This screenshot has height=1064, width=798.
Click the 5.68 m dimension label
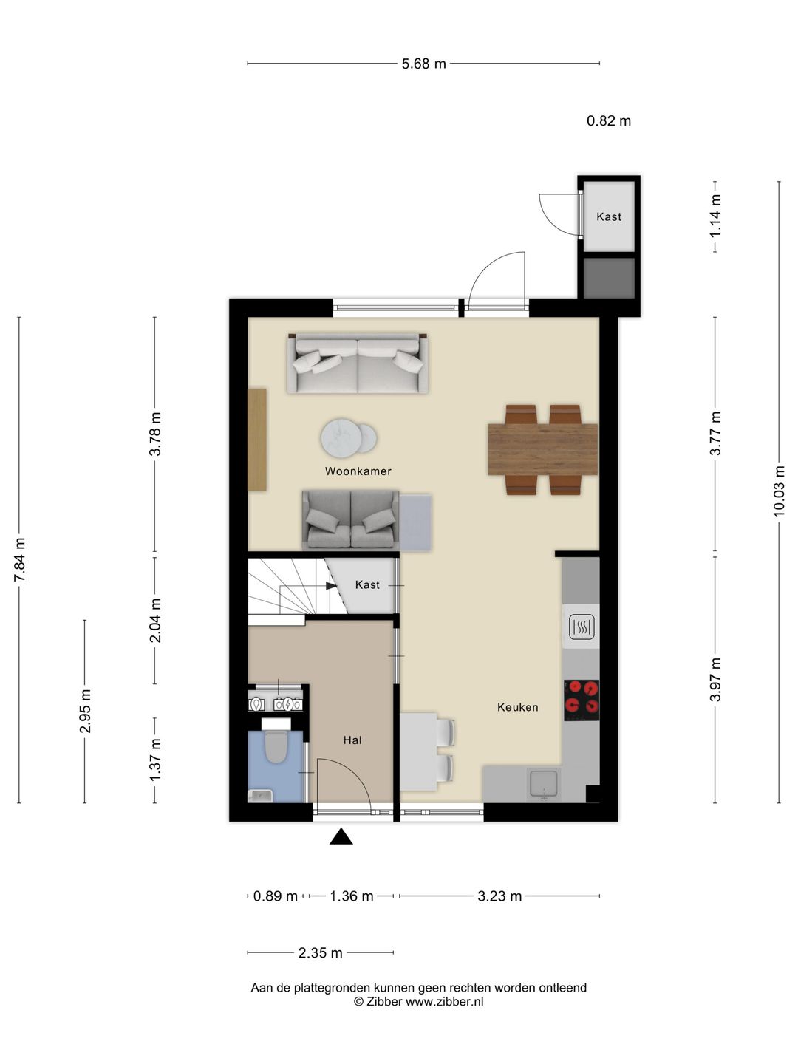tap(423, 64)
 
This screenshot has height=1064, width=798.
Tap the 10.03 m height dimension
tap(779, 491)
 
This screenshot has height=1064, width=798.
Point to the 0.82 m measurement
tap(609, 120)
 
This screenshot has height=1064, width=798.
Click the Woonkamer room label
tap(358, 471)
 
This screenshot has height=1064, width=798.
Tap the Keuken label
tap(517, 707)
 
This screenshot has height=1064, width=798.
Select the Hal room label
tap(352, 740)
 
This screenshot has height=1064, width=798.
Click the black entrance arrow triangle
tap(341, 836)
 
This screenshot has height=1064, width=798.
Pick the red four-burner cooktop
tap(582, 700)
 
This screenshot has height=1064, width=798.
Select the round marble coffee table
tap(343, 437)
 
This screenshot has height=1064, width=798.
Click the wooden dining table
tap(542, 449)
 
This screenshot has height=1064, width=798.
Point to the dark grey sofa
tap(350, 519)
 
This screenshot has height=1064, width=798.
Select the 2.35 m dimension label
tap(320, 953)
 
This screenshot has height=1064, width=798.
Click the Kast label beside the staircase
tap(367, 584)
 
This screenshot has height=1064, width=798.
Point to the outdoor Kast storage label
tap(609, 216)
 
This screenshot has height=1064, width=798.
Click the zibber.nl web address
tap(444, 1001)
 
